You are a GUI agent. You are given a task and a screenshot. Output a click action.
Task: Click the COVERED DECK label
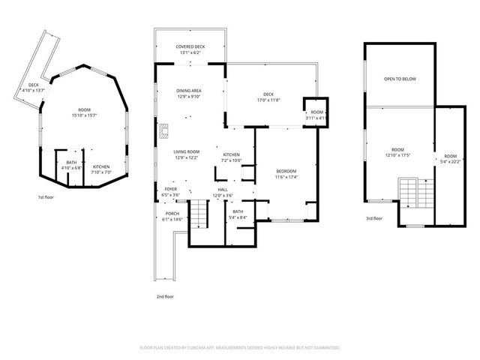click(x=190, y=46)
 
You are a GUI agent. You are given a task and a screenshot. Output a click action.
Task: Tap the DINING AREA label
click(x=189, y=90)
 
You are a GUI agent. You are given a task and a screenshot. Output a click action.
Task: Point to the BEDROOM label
click(x=286, y=171)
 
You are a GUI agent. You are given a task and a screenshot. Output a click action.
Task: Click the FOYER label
click(x=171, y=189)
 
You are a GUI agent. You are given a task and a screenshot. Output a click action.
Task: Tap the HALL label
click(x=223, y=189)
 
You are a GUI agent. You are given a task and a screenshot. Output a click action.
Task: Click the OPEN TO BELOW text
click(x=400, y=79)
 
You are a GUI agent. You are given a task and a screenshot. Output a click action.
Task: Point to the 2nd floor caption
click(x=165, y=297)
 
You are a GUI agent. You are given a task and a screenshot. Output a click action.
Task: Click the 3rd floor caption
click(x=374, y=218)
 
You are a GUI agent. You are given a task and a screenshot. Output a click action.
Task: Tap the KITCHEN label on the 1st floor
click(x=101, y=166)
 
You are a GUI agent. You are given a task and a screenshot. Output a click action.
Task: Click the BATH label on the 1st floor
click(x=71, y=162)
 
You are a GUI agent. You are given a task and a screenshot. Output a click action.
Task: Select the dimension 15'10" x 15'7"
click(x=86, y=116)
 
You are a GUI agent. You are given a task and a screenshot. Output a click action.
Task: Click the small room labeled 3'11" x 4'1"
click(x=316, y=114)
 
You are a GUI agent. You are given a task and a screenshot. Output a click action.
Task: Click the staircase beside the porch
click(x=196, y=216)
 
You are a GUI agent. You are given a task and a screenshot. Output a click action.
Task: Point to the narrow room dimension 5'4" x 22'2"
click(x=450, y=160)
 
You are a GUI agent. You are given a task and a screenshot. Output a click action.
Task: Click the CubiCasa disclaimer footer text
click(x=240, y=347)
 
